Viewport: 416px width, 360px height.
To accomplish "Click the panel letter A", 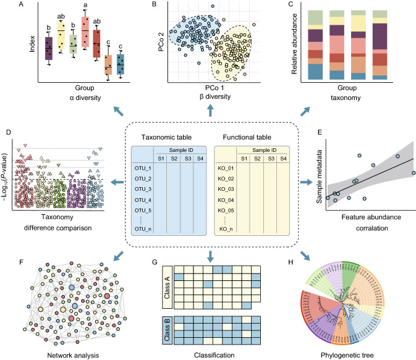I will pyautogui.click(x=6, y=6).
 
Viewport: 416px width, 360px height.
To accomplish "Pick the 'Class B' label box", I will pyautogui.click(x=166, y=330).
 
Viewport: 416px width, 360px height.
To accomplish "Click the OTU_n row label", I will pyautogui.click(x=142, y=230).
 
